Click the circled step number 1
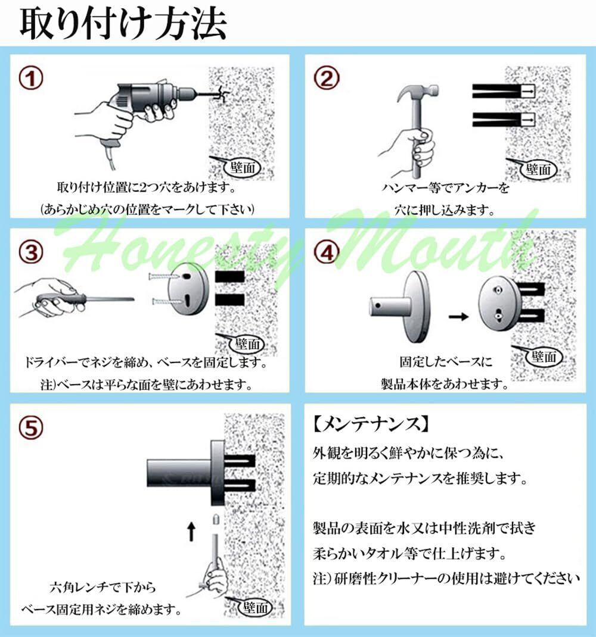(31, 79)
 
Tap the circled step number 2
(326, 79)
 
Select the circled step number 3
(31, 252)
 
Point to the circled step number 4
(326, 252)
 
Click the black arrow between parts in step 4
(458, 316)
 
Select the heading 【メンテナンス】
(371, 424)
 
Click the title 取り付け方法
(123, 24)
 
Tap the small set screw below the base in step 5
(216, 519)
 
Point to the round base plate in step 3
(188, 289)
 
